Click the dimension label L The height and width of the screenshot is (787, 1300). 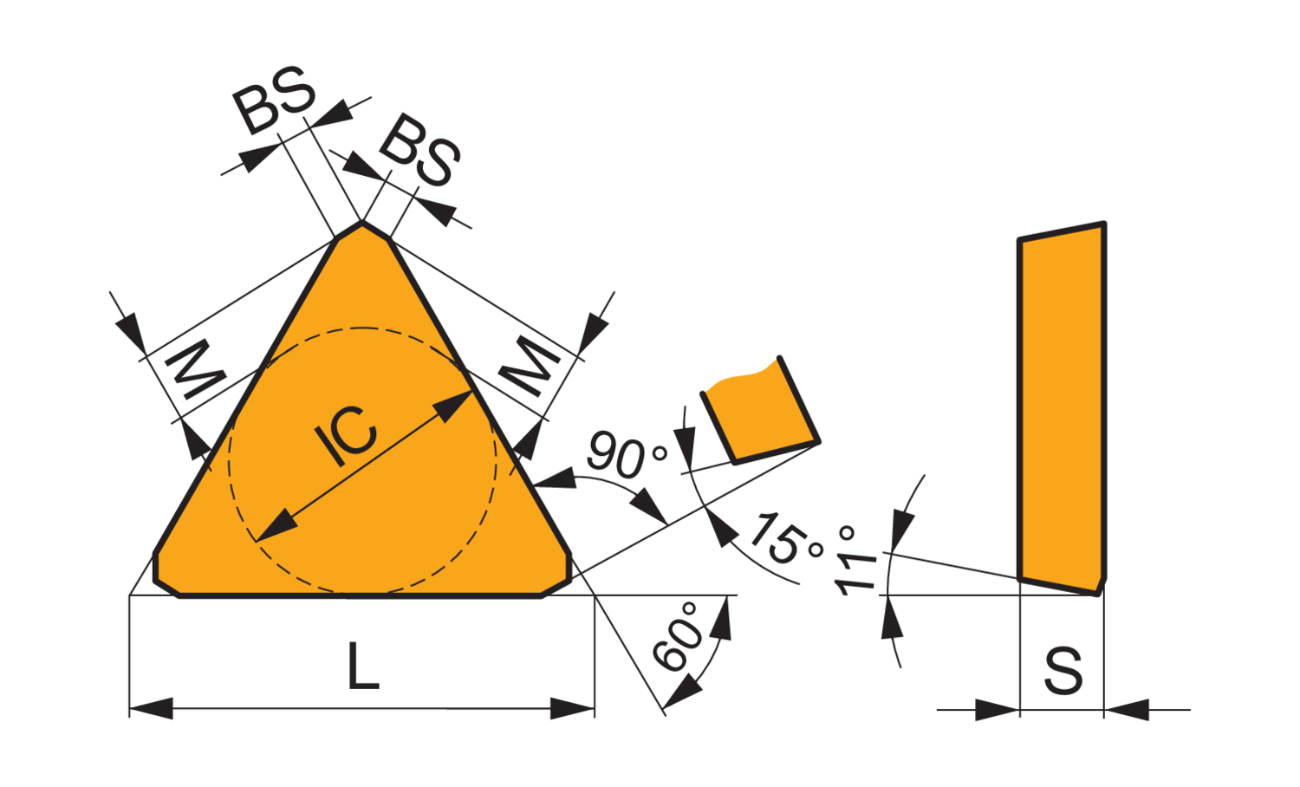point(363,667)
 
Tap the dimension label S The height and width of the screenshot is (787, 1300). point(1063,671)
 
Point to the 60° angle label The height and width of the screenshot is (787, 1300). point(678,637)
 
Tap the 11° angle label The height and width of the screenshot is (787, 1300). point(855,561)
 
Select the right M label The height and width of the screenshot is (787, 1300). point(530,367)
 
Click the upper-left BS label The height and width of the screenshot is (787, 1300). point(274,100)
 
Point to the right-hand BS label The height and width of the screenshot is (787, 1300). point(419,150)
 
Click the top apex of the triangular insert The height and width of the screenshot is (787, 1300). point(361,221)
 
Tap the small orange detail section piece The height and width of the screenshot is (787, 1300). point(760,410)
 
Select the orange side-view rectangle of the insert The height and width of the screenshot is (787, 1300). point(1062,408)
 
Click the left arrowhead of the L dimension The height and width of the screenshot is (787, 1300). point(151,708)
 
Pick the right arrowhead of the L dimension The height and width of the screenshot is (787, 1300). point(572,708)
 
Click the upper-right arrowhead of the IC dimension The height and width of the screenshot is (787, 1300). point(453,406)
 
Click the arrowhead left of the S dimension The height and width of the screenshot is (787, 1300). point(997,710)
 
